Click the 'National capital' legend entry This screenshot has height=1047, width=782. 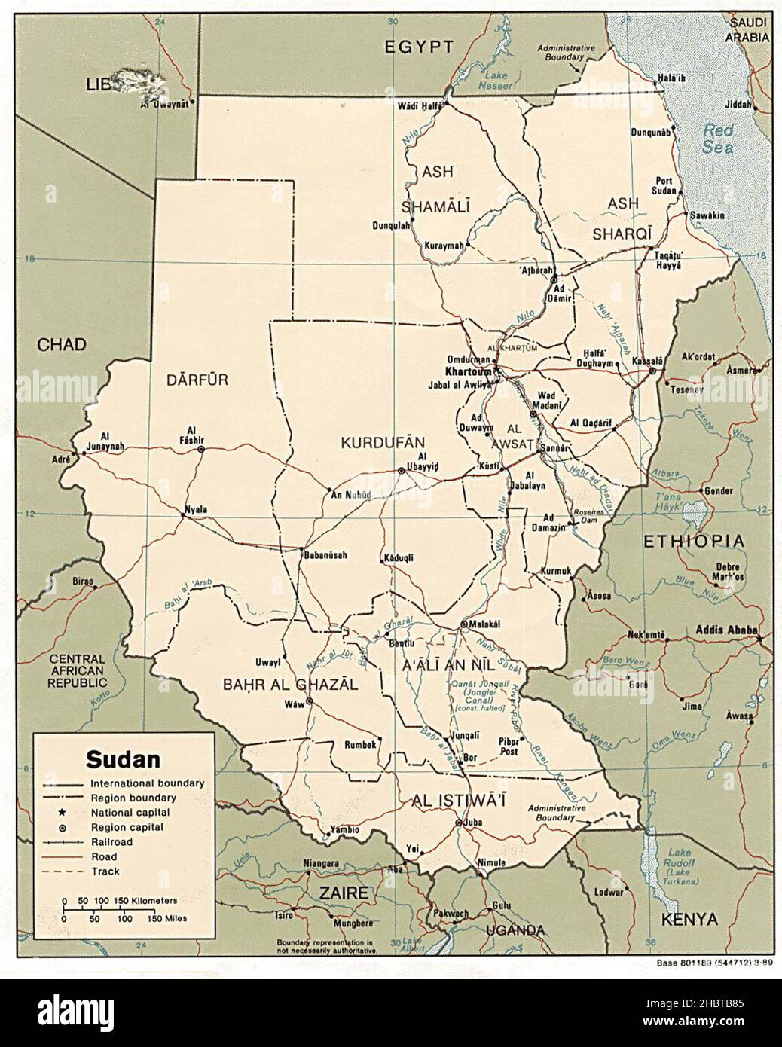130,813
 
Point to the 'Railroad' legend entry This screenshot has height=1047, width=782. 111,842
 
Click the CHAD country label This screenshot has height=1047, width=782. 62,345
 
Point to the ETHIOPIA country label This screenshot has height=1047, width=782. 692,541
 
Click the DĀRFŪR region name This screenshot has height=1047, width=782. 197,381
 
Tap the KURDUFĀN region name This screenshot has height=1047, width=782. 383,443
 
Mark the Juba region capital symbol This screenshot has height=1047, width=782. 459,823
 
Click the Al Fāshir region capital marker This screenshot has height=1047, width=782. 201,449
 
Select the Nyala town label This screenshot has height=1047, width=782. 194,509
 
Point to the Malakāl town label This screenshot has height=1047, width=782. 485,624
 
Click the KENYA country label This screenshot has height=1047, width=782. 689,919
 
